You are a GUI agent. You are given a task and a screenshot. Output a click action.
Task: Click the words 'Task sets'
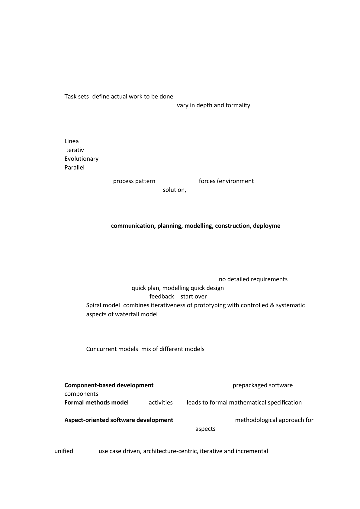pyautogui.click(x=76, y=97)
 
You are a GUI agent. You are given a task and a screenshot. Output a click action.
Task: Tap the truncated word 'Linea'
pyautogui.click(x=72, y=141)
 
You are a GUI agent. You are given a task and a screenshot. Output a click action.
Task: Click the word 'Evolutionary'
pyautogui.click(x=81, y=159)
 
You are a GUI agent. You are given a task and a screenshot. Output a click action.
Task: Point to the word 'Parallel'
pyautogui.click(x=74, y=168)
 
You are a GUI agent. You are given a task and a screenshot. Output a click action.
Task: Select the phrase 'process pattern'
pyautogui.click(x=134, y=181)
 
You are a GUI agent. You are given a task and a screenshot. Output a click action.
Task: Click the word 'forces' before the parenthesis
pyautogui.click(x=207, y=181)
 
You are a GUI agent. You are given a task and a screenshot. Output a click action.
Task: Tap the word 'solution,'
pyautogui.click(x=175, y=190)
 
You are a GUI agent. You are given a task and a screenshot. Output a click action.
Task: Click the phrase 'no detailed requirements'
pyautogui.click(x=253, y=279)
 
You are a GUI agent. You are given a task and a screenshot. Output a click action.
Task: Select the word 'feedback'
pyautogui.click(x=162, y=297)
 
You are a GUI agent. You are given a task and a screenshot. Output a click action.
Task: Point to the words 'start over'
pyautogui.click(x=194, y=297)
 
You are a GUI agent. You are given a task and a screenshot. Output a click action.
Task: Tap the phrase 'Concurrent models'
pyautogui.click(x=112, y=349)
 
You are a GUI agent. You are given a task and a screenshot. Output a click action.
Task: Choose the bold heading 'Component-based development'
pyautogui.click(x=109, y=385)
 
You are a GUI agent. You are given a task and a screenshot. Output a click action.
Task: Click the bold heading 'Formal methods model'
pyautogui.click(x=97, y=403)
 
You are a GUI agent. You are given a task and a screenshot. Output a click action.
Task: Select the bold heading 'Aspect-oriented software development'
pyautogui.click(x=119, y=420)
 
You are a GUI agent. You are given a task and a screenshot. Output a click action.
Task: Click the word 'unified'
pyautogui.click(x=64, y=451)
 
